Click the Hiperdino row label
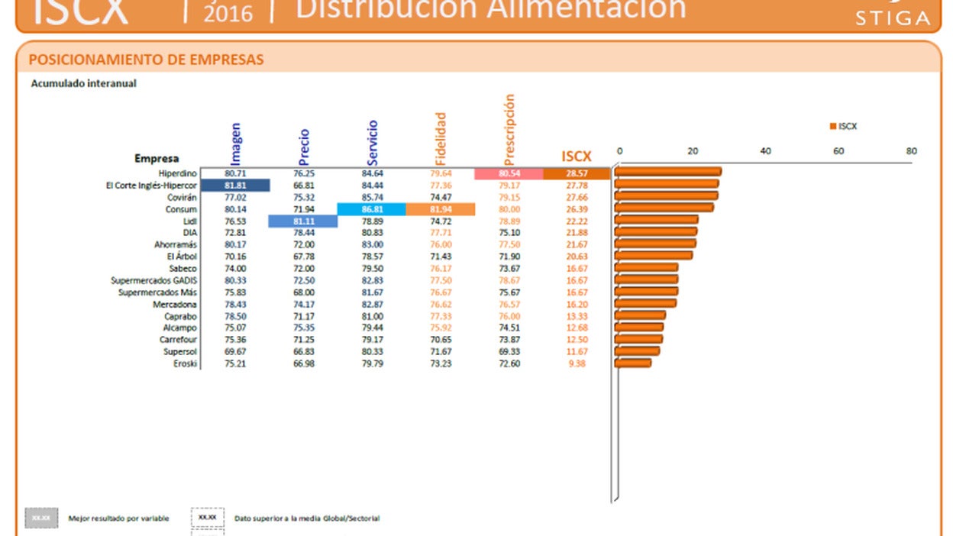click(x=178, y=173)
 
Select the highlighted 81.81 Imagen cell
click(x=235, y=186)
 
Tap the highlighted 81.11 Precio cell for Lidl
click(x=303, y=221)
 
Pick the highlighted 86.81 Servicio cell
click(x=372, y=209)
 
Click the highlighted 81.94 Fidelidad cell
click(x=441, y=209)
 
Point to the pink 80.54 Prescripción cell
click(x=509, y=173)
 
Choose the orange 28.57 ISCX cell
click(x=577, y=173)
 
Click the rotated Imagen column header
click(x=235, y=143)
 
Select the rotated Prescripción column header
click(x=509, y=129)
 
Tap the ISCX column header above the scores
click(x=577, y=157)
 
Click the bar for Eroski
click(x=633, y=363)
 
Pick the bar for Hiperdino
click(x=668, y=172)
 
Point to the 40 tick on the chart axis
click(x=765, y=151)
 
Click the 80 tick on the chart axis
click(x=911, y=151)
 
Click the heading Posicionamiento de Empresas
click(x=146, y=60)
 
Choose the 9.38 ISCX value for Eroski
click(x=577, y=363)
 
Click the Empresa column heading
click(x=157, y=159)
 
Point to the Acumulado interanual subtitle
click(x=83, y=84)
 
